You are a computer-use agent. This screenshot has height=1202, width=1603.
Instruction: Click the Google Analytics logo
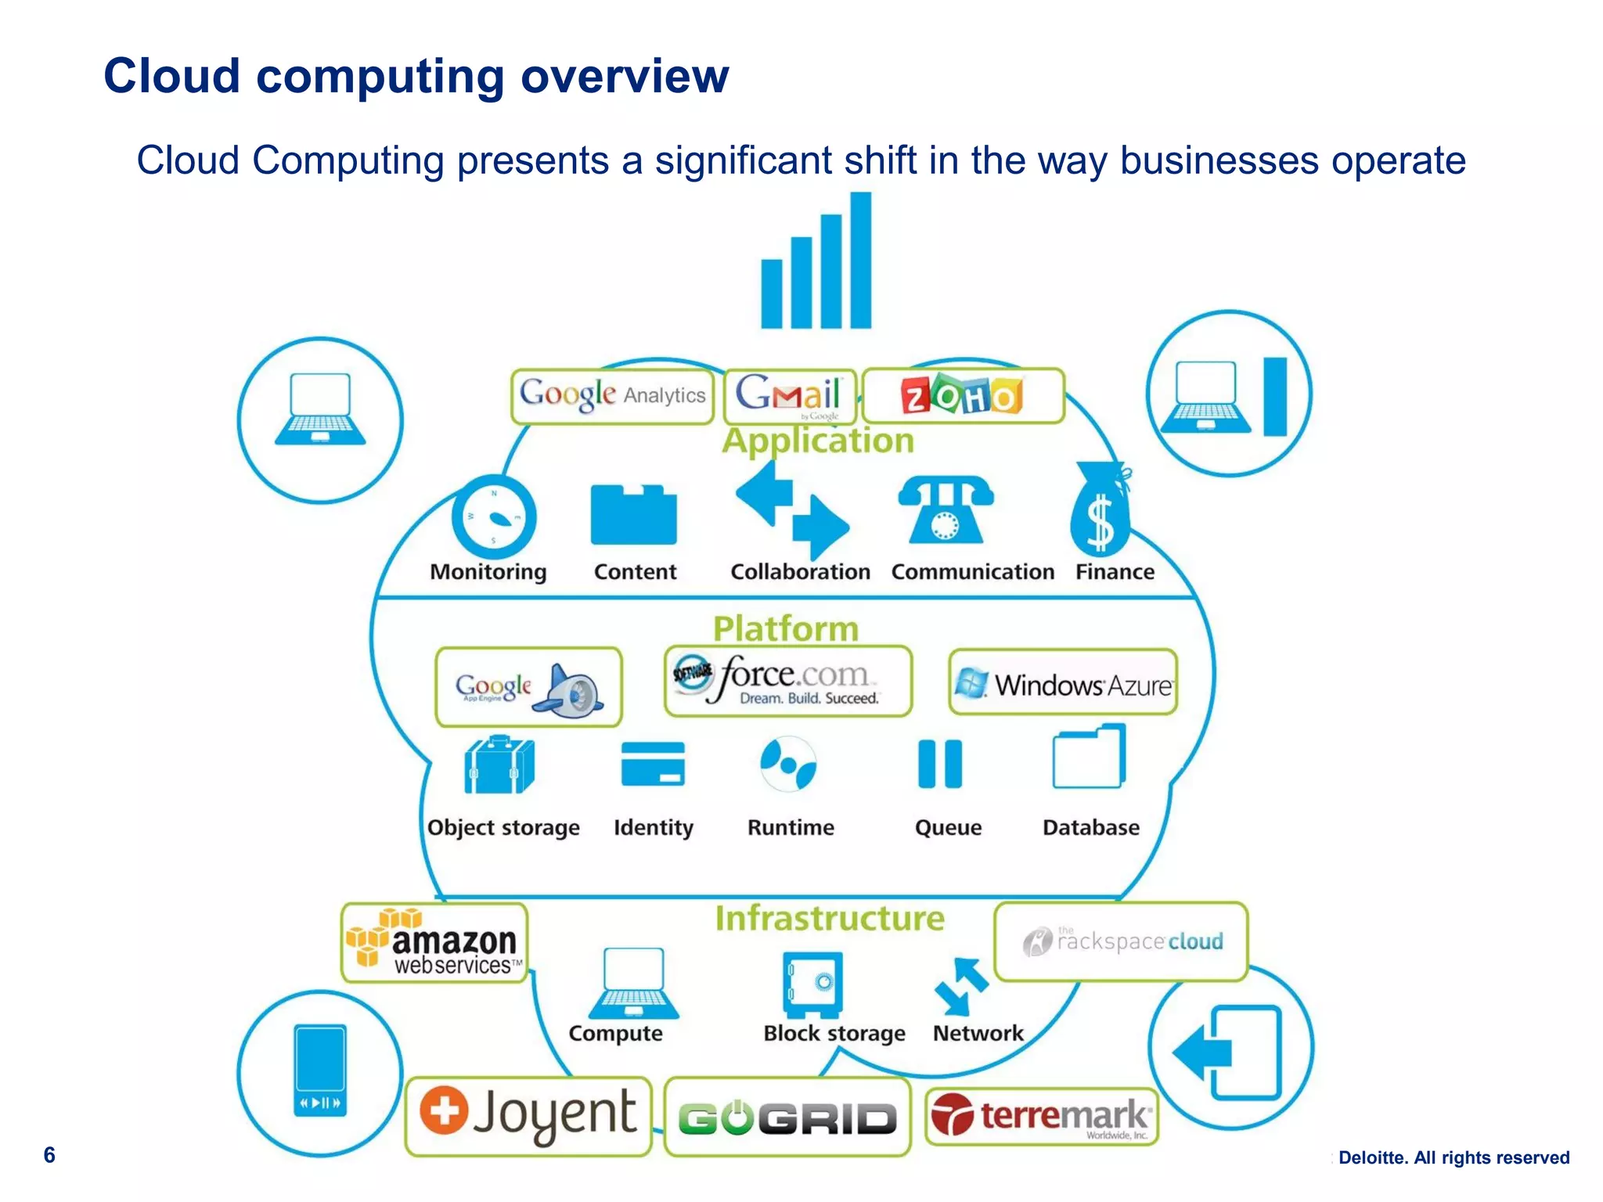click(x=612, y=396)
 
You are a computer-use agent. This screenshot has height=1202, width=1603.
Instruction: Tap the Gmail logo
click(x=789, y=395)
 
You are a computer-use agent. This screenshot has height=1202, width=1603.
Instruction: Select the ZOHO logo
click(x=962, y=396)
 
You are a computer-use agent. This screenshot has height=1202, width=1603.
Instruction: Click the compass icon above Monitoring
click(x=494, y=516)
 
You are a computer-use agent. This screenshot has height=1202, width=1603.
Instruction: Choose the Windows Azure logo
click(x=1063, y=683)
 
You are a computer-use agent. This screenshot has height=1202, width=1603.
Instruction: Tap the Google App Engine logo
click(x=528, y=687)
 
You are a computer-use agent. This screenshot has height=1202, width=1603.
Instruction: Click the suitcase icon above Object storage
click(x=499, y=765)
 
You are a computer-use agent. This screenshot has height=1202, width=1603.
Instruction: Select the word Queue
click(x=948, y=827)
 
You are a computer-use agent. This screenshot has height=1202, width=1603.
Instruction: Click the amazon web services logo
click(x=435, y=943)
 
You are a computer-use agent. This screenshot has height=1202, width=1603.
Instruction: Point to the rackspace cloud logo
click(x=1122, y=941)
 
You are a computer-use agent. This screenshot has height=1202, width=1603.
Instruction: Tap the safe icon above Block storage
click(x=812, y=984)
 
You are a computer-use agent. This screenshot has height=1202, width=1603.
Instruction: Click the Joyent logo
click(x=528, y=1115)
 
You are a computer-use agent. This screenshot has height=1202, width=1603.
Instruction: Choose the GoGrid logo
click(x=787, y=1117)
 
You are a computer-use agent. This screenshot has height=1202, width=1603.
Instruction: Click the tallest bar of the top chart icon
click(x=861, y=260)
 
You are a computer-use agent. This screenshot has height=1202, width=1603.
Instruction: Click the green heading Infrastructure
click(x=830, y=919)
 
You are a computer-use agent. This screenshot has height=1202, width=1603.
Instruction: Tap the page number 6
click(x=49, y=1155)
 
